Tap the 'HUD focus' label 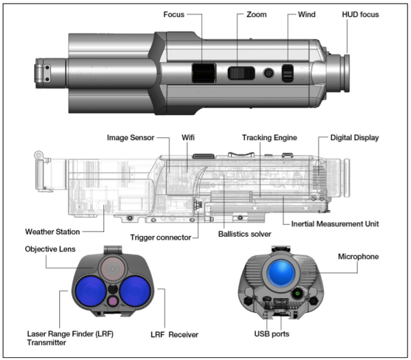359,14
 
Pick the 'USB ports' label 280,334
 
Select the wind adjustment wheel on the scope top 288,73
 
